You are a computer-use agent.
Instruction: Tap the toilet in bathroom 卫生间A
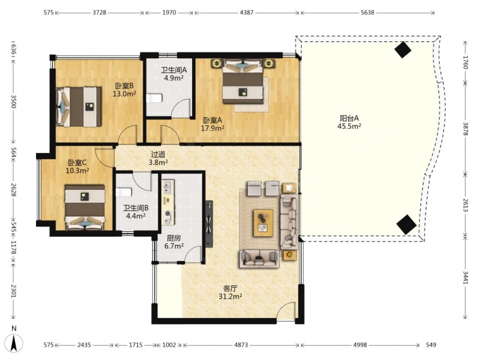click(154, 98)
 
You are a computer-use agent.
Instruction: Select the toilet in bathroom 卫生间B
click(124, 192)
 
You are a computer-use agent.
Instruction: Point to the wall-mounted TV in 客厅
click(209, 224)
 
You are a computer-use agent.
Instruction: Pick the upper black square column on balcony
click(403, 49)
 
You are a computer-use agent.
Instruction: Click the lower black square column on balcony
click(407, 224)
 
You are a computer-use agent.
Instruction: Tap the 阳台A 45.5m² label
click(349, 122)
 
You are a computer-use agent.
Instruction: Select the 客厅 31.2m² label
click(230, 292)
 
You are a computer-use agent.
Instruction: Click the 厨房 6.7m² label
click(174, 242)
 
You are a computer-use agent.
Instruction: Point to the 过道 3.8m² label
click(158, 158)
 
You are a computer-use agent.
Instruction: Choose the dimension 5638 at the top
click(367, 12)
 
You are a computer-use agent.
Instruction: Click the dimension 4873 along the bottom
click(241, 345)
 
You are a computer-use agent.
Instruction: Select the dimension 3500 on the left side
click(13, 101)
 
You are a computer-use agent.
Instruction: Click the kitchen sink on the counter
click(168, 187)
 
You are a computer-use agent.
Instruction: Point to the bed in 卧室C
click(85, 207)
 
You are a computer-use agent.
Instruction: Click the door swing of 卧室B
click(127, 135)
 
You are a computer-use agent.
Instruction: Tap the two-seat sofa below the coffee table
click(260, 258)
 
